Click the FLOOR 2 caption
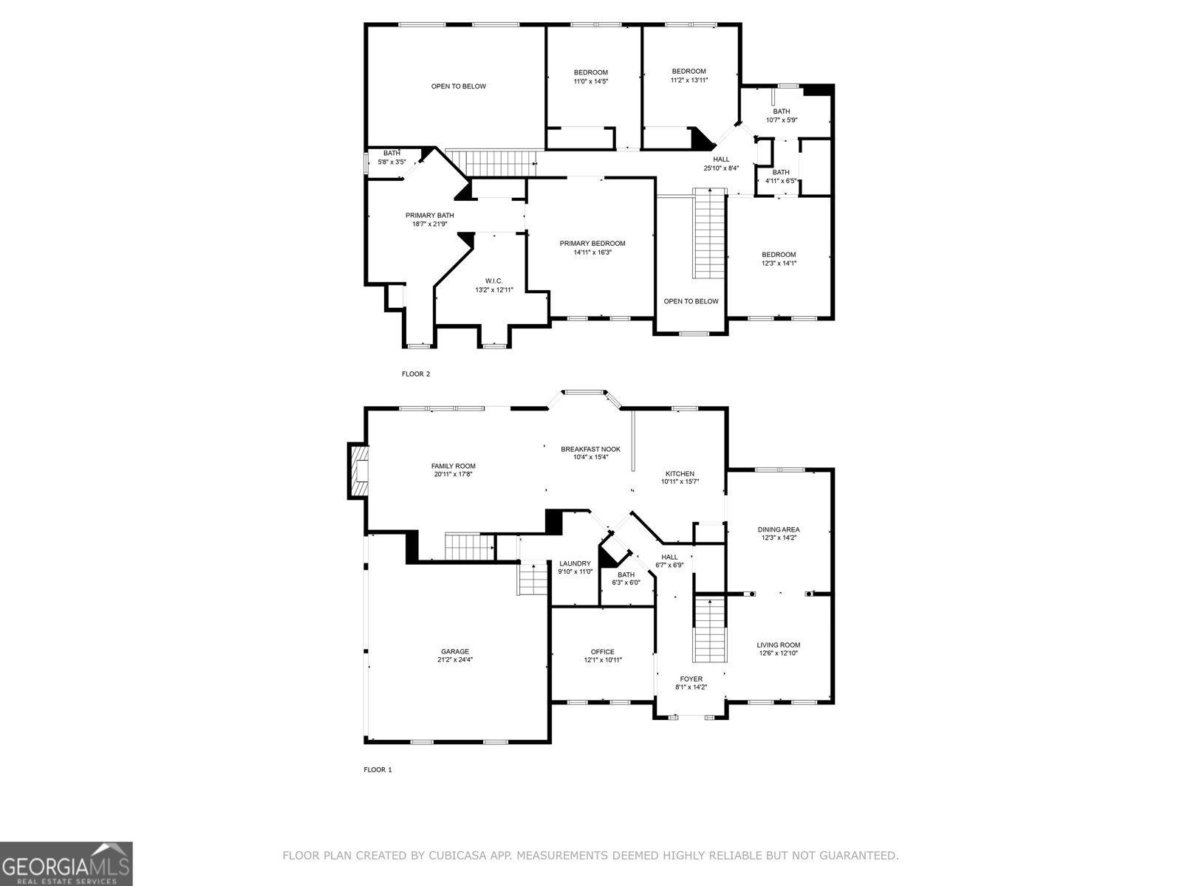415,374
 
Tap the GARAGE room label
455,651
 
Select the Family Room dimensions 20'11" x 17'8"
454,475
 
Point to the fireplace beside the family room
358,471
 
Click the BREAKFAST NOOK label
590,449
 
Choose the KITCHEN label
680,473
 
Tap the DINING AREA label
779,529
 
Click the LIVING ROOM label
779,645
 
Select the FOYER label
691,679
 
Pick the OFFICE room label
603,651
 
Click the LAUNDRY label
575,563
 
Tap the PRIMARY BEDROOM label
592,244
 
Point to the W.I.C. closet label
493,281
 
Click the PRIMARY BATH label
430,216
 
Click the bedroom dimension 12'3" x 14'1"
779,263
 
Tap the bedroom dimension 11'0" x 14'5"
591,80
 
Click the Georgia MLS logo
66,863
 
